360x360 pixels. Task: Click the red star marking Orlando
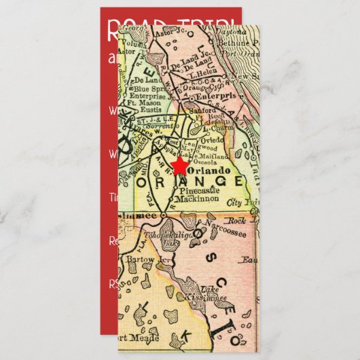(180, 166)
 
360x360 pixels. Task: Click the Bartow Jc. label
(139, 259)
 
